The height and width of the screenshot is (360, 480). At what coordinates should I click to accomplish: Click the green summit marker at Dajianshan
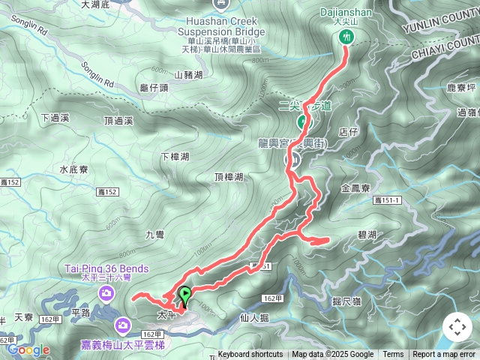pos(346,37)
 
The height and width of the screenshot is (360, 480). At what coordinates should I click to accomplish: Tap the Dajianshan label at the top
pos(346,13)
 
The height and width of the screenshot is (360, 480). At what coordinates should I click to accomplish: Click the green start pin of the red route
pos(184,295)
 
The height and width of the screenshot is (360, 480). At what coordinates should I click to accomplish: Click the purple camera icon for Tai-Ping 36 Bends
pos(106,292)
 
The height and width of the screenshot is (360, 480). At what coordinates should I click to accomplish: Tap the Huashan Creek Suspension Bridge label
pos(222,28)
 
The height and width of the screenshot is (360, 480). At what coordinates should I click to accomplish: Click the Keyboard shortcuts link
pos(250,355)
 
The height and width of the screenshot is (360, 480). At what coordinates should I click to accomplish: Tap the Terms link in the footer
pos(393,355)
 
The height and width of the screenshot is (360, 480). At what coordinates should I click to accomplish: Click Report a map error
pos(444,355)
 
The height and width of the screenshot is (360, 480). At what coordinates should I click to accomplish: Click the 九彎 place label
pos(154,235)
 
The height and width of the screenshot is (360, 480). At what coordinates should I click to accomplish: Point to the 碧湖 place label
pos(367,235)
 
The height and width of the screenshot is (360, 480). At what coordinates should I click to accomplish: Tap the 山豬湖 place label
pos(188,75)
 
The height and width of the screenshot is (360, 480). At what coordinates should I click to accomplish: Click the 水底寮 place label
pos(74,169)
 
